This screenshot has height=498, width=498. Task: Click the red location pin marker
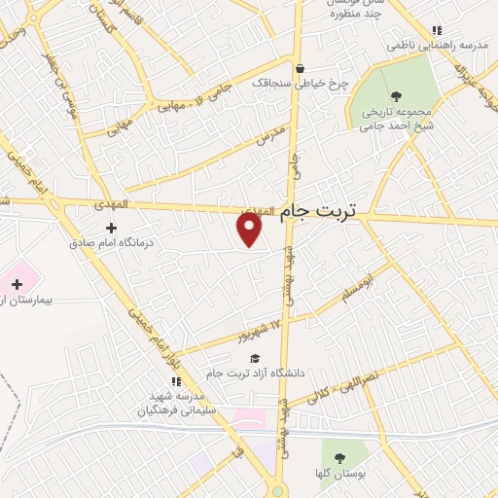click(250, 229)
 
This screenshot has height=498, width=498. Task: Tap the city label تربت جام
click(318, 210)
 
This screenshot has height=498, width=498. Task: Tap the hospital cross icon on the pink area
click(17, 283)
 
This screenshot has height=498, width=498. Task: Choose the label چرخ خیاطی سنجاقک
click(299, 84)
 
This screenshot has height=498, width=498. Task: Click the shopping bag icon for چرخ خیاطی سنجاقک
click(300, 68)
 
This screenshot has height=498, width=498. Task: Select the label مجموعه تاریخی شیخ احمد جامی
click(396, 118)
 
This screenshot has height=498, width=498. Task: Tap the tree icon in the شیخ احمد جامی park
click(396, 95)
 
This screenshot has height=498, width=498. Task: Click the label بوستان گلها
click(338, 474)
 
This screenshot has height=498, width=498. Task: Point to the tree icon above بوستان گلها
click(338, 457)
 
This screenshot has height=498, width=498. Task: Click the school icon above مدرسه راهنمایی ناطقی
click(437, 30)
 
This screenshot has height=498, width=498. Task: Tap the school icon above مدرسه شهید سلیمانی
click(176, 381)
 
